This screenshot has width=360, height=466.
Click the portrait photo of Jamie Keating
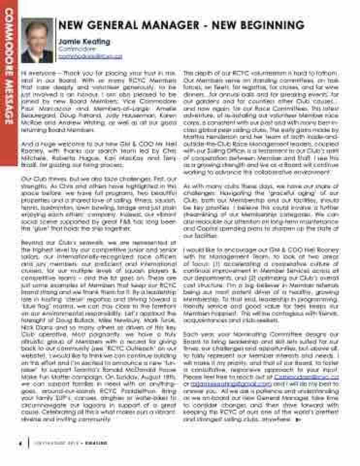37,40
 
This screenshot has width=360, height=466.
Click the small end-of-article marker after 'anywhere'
298,419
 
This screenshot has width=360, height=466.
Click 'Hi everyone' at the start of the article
36,73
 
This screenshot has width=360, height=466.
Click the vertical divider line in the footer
29,443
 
